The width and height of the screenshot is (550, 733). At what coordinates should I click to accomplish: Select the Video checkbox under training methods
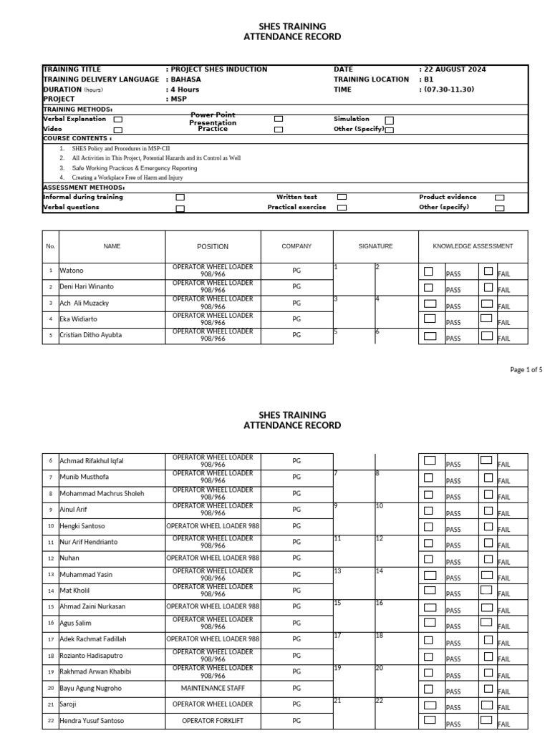[118, 130]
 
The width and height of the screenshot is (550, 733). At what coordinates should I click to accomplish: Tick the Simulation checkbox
[389, 120]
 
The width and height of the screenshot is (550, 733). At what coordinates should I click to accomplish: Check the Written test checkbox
[342, 197]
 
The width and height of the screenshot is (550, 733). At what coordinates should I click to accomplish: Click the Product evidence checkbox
[499, 198]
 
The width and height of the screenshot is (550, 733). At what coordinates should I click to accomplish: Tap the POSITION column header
[213, 246]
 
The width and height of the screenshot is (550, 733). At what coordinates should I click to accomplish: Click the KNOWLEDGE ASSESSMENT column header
[473, 246]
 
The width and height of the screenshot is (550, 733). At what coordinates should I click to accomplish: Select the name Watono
[72, 271]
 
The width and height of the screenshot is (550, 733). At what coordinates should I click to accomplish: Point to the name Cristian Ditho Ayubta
[90, 335]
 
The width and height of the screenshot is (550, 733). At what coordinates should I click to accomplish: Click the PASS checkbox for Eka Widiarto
[429, 319]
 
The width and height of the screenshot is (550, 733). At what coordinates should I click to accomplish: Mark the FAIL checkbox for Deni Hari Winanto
[488, 287]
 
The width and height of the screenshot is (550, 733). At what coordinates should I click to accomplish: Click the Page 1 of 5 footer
[526, 370]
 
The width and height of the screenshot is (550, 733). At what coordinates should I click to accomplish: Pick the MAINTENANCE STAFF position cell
[213, 689]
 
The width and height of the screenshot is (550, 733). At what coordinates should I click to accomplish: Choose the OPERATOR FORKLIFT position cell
[213, 721]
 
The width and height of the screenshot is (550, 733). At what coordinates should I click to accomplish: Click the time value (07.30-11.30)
[449, 89]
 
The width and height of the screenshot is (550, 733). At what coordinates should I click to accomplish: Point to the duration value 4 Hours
[185, 89]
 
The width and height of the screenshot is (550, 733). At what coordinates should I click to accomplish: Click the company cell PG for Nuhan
[296, 558]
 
